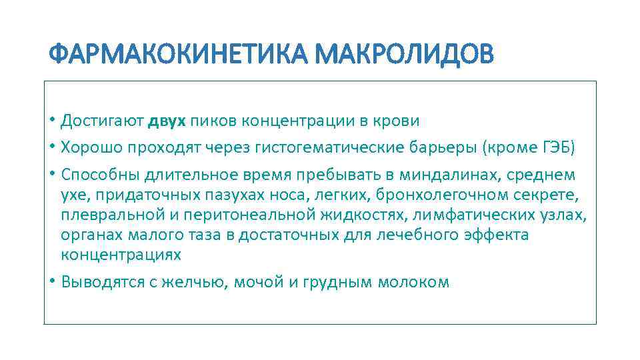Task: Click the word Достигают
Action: coord(102,121)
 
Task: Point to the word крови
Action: coord(399,121)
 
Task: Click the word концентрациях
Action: coord(121,255)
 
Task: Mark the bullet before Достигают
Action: coord(51,121)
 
